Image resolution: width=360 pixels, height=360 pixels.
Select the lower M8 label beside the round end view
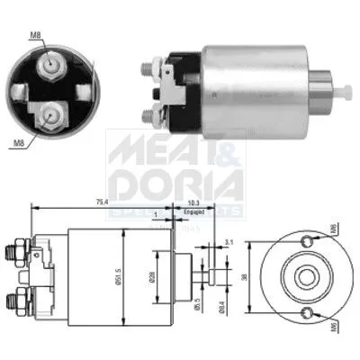click(19, 140)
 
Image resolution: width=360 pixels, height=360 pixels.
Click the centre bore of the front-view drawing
click(298, 275)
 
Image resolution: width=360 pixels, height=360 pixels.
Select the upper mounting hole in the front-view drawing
click(310, 238)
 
